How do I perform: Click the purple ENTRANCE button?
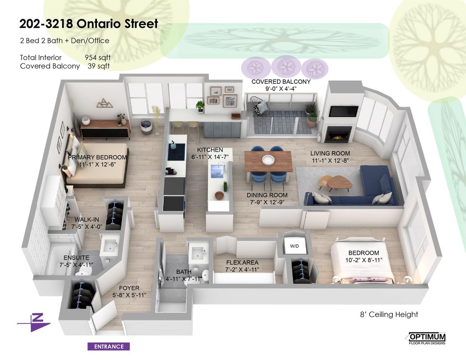108,347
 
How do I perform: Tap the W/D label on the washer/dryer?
294,246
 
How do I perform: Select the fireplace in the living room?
338,134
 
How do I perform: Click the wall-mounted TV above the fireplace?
343,111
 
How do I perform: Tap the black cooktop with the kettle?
176,151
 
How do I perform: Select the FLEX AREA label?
242,262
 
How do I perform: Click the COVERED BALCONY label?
281,82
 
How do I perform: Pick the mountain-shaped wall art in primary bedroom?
104,103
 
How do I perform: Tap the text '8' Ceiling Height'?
389,314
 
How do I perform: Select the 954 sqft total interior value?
98,58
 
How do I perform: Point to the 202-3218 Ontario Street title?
88,24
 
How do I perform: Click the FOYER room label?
129,288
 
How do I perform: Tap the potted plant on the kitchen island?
225,186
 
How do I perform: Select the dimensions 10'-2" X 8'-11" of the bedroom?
364,260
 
